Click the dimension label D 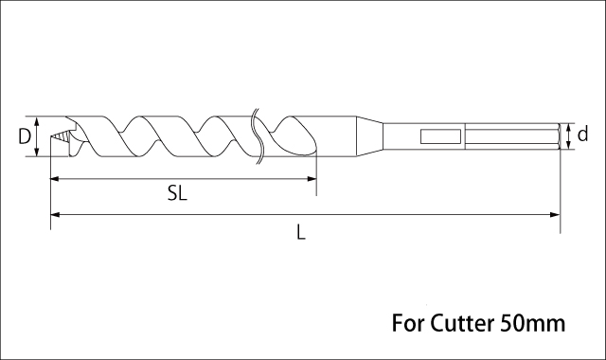click(25, 136)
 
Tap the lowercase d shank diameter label click(582, 135)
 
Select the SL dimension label click(177, 192)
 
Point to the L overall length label click(301, 233)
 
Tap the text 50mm click(532, 323)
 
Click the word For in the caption click(408, 323)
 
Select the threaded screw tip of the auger click(61, 136)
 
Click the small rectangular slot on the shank click(440, 136)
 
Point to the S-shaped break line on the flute click(258, 136)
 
